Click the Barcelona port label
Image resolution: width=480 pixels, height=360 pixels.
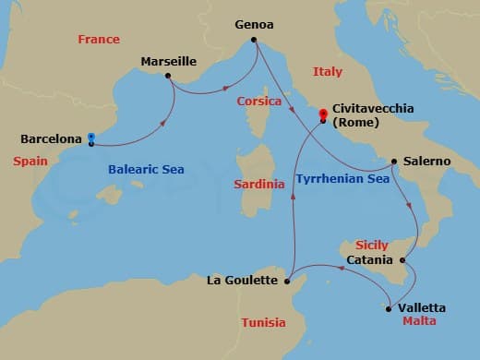[x=52, y=139]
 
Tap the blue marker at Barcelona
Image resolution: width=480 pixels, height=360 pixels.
[x=91, y=139]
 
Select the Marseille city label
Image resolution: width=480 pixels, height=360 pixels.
[x=168, y=61]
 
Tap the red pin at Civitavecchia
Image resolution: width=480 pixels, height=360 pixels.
[x=323, y=115]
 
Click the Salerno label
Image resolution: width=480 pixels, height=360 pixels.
[x=427, y=161]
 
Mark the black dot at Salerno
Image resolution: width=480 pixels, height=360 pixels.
[x=395, y=161]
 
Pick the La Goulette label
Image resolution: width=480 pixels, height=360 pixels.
[x=243, y=279]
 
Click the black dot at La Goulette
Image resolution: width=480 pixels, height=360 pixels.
[x=288, y=279]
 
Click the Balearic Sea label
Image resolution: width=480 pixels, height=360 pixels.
[x=145, y=170]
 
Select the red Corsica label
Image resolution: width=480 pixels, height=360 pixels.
[x=258, y=101]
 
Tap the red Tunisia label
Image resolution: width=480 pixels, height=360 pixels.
[x=263, y=322]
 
